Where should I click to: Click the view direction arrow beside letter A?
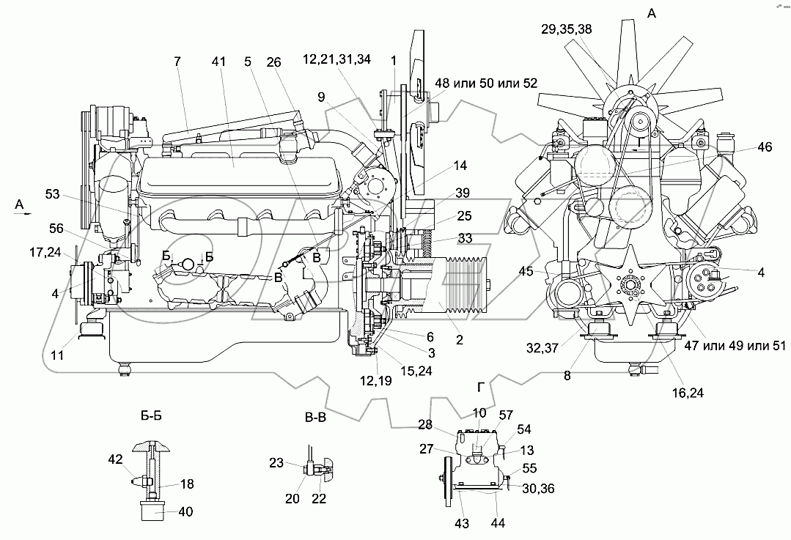[24, 215]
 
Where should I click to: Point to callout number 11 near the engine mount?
[57, 355]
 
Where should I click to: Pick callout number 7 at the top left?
[177, 63]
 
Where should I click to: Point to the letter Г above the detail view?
[479, 387]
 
